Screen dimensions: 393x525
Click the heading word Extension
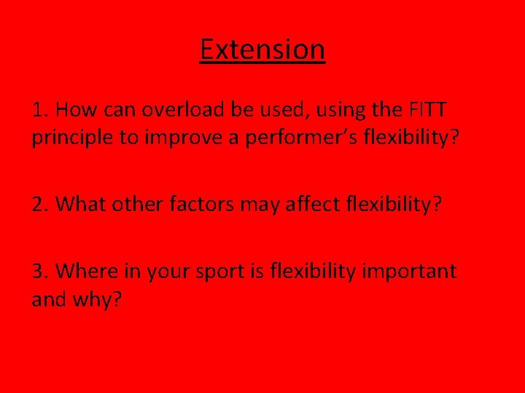262,50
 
